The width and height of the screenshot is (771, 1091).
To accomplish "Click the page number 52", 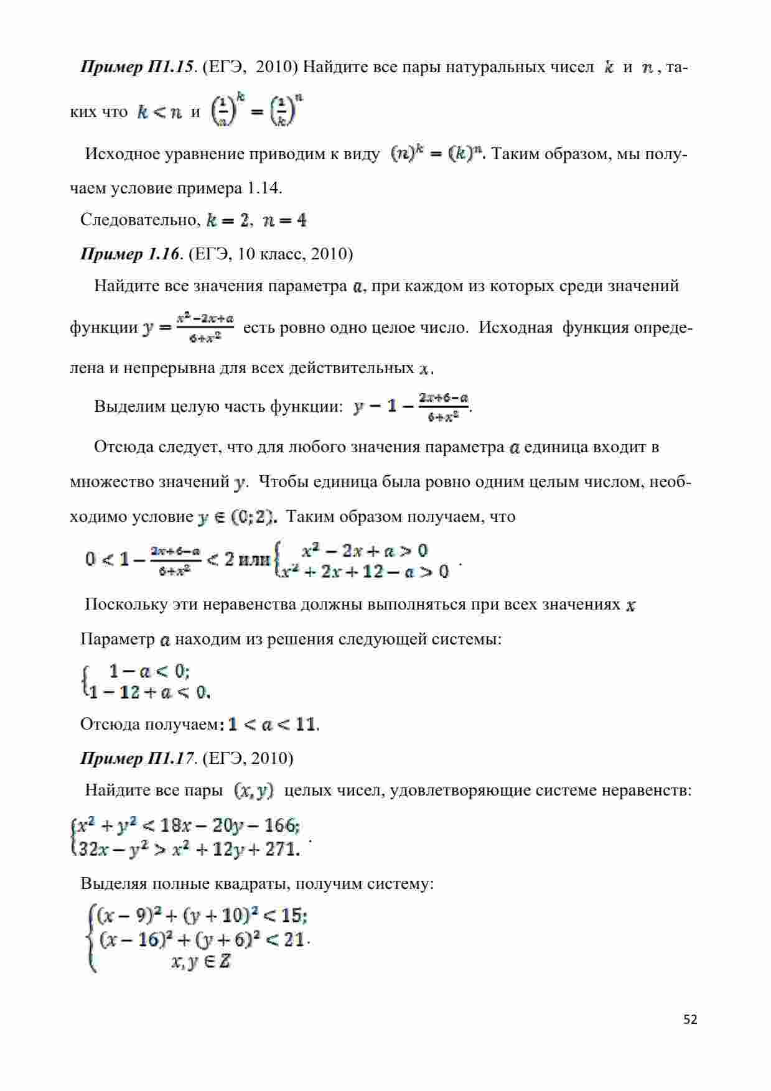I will tap(690, 1019).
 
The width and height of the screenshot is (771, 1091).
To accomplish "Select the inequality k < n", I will tap(159, 113).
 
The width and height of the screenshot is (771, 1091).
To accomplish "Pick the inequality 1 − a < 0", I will tap(149, 671).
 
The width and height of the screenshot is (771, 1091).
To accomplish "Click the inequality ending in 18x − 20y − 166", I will tap(186, 826).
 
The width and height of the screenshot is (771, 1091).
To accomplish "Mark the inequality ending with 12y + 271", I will tap(186, 848).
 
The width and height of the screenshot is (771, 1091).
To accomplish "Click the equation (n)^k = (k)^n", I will tap(439, 154).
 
